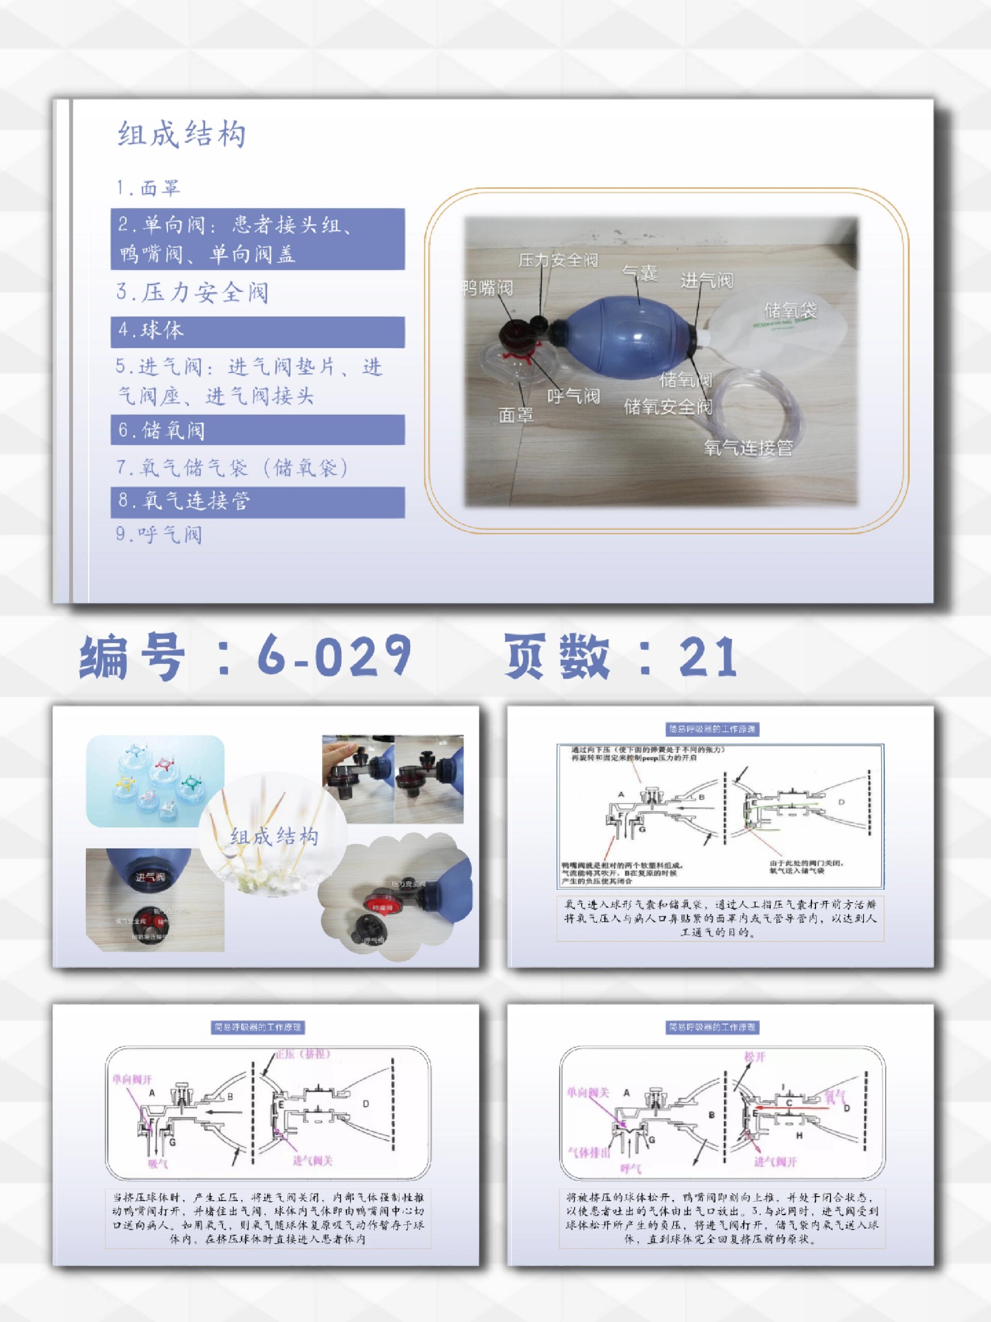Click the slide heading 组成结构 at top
tap(182, 134)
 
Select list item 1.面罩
tap(148, 188)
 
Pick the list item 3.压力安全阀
tap(193, 293)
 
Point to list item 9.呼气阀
tap(159, 534)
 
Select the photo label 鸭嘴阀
tap(487, 288)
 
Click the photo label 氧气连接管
tap(748, 448)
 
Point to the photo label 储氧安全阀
tap(668, 407)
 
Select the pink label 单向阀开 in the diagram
tap(132, 1079)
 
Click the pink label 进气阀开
tap(775, 1174)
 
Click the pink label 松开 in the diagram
tap(755, 1057)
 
